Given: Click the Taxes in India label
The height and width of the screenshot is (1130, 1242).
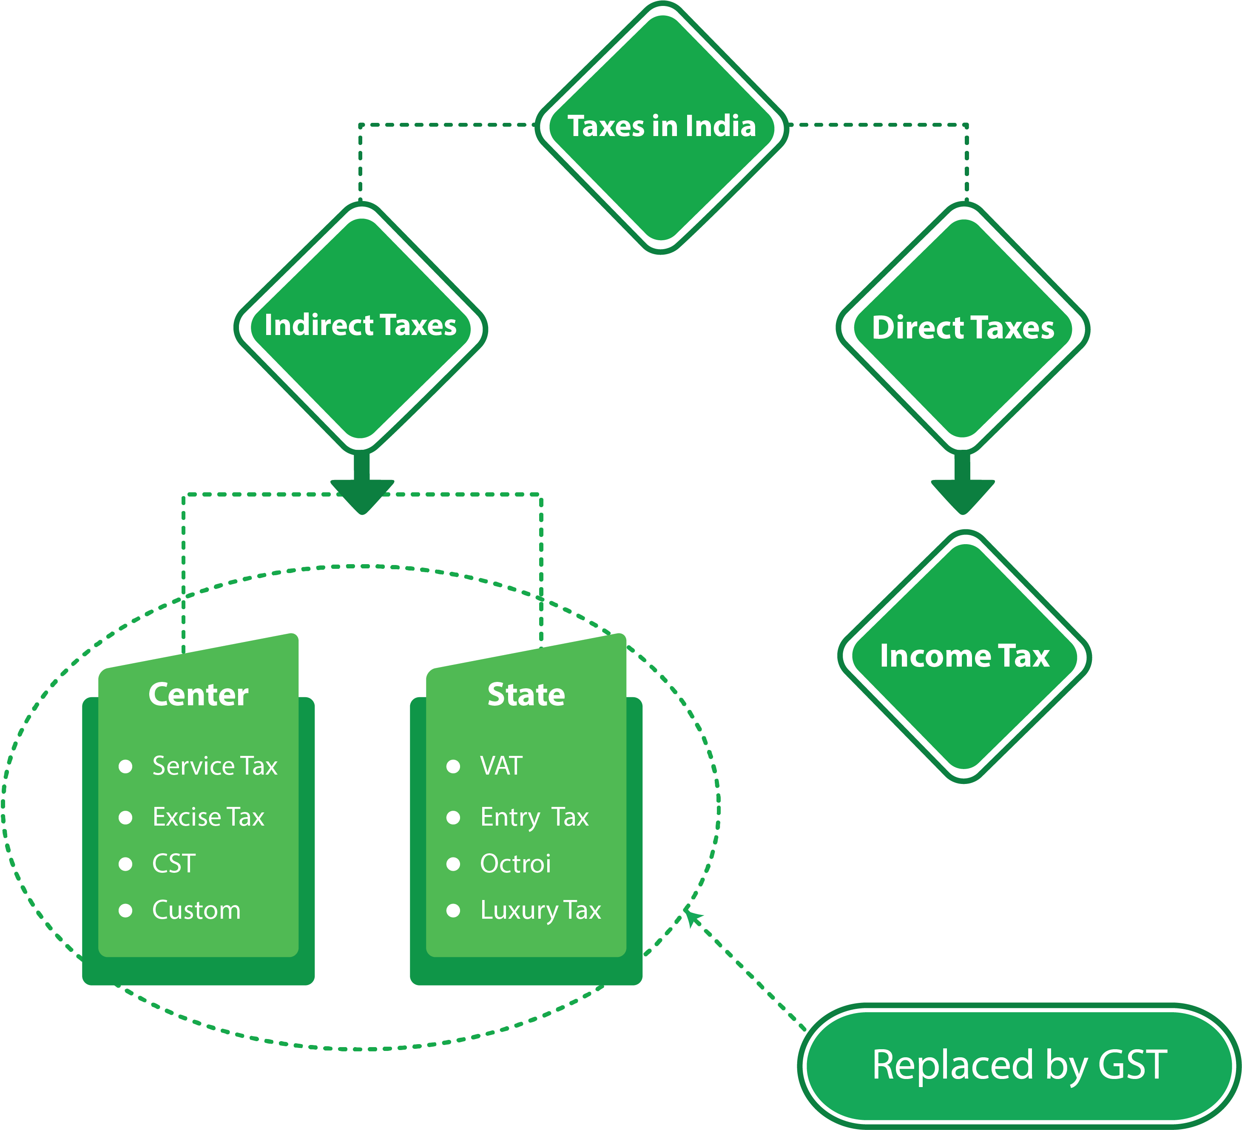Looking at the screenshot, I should click(x=661, y=126).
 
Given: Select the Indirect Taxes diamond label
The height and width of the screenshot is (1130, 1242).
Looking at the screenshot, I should click(x=361, y=325).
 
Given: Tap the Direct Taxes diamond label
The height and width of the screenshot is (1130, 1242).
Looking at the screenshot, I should click(x=963, y=328).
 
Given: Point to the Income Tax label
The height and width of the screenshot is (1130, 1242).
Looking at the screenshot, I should click(x=964, y=656).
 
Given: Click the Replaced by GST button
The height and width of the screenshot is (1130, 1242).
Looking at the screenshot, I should click(x=1019, y=1065).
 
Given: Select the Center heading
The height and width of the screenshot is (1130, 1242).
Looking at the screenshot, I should click(x=199, y=694).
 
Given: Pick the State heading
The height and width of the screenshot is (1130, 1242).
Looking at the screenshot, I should click(x=526, y=694).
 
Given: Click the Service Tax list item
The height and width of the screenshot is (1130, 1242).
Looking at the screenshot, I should click(x=214, y=766).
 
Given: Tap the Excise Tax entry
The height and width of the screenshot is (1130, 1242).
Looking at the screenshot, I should click(x=208, y=817).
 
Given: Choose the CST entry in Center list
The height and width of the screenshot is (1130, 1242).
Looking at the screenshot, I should click(x=174, y=864).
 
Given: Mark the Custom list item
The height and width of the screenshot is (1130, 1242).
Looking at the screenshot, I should click(x=196, y=910).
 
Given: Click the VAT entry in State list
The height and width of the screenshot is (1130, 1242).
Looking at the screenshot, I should click(x=501, y=766).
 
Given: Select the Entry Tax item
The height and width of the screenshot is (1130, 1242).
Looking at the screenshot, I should click(x=534, y=817).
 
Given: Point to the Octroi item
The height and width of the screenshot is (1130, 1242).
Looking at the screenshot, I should click(x=515, y=864).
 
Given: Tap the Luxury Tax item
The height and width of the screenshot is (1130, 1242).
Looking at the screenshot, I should click(x=540, y=910).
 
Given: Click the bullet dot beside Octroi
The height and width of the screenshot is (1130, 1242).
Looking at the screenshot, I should click(x=453, y=864).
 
